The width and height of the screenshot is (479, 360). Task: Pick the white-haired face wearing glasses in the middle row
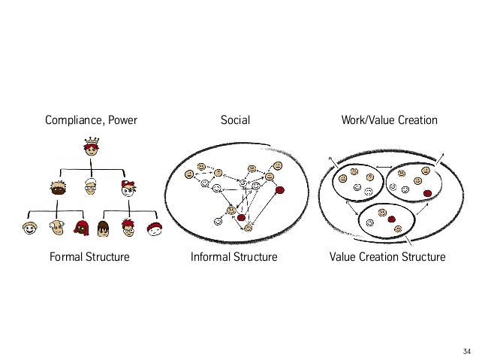92,186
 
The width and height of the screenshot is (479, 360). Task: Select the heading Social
234,119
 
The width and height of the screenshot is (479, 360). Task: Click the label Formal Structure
89,258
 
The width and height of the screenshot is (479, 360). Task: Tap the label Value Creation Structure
387,258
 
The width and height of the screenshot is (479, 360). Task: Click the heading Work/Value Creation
388,119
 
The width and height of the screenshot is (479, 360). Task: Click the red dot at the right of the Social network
280,190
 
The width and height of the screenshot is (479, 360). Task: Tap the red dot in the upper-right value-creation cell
427,193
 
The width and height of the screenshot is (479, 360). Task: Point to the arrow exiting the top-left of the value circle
330,159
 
